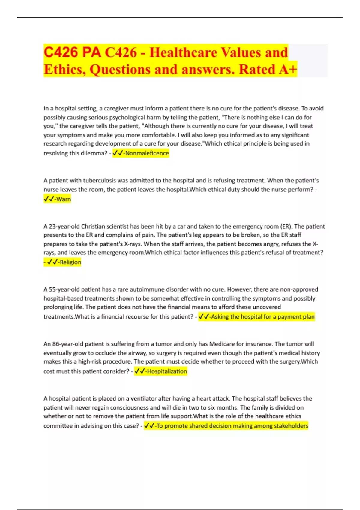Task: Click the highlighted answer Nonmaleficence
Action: [147, 153]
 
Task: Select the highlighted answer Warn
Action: [63, 199]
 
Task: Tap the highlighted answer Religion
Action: [70, 262]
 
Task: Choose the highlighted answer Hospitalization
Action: [167, 371]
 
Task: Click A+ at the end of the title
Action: [288, 70]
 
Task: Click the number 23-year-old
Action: [61, 226]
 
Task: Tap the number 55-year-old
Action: [61, 289]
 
